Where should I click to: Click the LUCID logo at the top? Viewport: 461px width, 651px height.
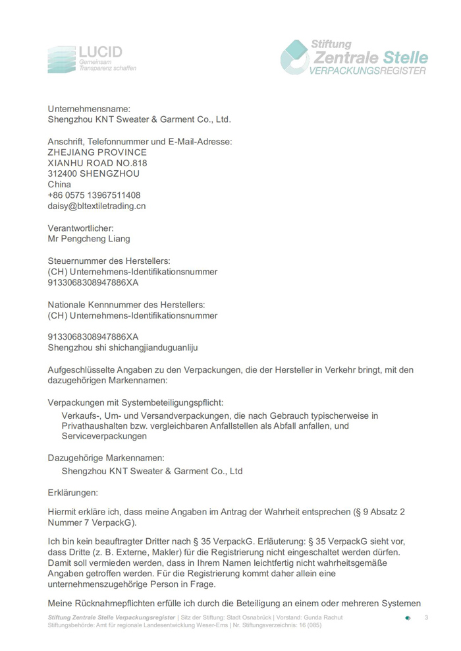click(92, 59)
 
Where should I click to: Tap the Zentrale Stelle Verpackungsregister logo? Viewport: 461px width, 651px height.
click(354, 57)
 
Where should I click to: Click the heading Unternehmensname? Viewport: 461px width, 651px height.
click(89, 109)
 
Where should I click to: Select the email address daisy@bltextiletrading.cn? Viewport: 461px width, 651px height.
click(97, 206)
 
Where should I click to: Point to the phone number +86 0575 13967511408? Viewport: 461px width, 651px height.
click(94, 195)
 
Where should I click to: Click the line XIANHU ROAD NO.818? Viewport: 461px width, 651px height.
click(97, 163)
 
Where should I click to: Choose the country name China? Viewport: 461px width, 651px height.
click(59, 185)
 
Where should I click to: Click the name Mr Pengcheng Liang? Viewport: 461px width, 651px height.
click(89, 239)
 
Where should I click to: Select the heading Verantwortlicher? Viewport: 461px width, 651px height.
click(85, 228)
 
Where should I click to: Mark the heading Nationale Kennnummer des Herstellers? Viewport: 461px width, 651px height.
click(126, 305)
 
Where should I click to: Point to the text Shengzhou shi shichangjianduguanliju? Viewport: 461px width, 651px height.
click(122, 347)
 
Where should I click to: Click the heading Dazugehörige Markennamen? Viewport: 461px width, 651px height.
click(106, 457)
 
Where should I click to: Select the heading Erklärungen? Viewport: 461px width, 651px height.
click(72, 492)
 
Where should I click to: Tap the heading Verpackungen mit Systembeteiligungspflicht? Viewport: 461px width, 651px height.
click(135, 402)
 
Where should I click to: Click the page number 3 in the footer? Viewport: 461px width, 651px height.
click(426, 617)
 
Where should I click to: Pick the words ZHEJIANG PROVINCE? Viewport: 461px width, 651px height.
click(97, 152)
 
